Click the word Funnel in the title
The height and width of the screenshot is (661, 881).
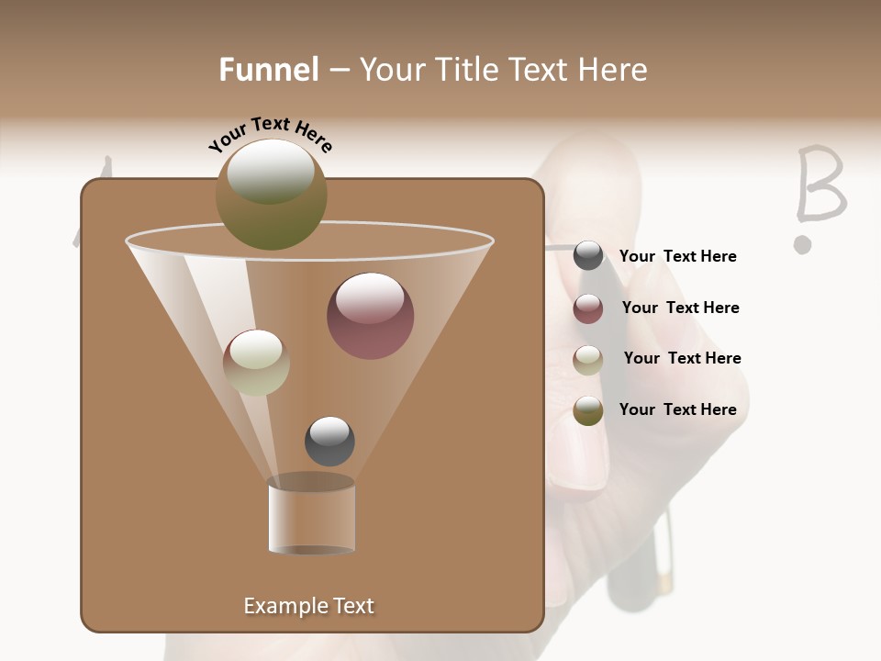pos(269,70)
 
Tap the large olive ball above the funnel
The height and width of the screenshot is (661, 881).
pos(271,194)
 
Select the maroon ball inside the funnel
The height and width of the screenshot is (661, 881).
pos(370,315)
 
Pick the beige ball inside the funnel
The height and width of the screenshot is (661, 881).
pos(256,362)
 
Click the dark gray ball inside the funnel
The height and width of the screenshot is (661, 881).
pos(329,441)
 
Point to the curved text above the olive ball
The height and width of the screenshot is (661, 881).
pos(270,134)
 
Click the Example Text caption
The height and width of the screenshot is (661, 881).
pos(308,606)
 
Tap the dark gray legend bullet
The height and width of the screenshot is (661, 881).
pos(588,256)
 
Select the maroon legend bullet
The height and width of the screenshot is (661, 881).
pos(588,308)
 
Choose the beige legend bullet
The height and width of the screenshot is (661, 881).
pos(588,360)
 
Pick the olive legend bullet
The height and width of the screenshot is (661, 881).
pos(588,410)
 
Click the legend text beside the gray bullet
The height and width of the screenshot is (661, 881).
pos(677,257)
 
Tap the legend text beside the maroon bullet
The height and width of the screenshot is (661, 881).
pos(680,308)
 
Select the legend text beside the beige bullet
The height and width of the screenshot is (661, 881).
pos(682,358)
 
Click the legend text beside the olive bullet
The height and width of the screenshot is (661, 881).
pos(677,409)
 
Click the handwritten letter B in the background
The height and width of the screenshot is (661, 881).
pos(819,185)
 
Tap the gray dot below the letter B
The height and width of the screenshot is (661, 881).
pos(803,244)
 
